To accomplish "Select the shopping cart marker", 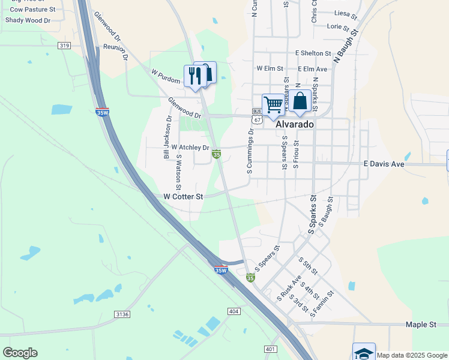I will pos(273,106).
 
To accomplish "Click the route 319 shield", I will pos(65,46).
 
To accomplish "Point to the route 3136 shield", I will pos(122,314).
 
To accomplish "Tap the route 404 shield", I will pos(234,311).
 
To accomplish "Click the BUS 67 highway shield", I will pos(257,116).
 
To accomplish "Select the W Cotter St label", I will pos(184,196).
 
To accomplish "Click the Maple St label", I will pos(420,325).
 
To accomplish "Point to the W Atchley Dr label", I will pos(190,147).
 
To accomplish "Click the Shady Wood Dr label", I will pos(28,20).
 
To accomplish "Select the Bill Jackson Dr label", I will pos(167,137).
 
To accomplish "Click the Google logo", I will pos(20,353).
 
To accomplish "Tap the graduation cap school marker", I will pos(364,352).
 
